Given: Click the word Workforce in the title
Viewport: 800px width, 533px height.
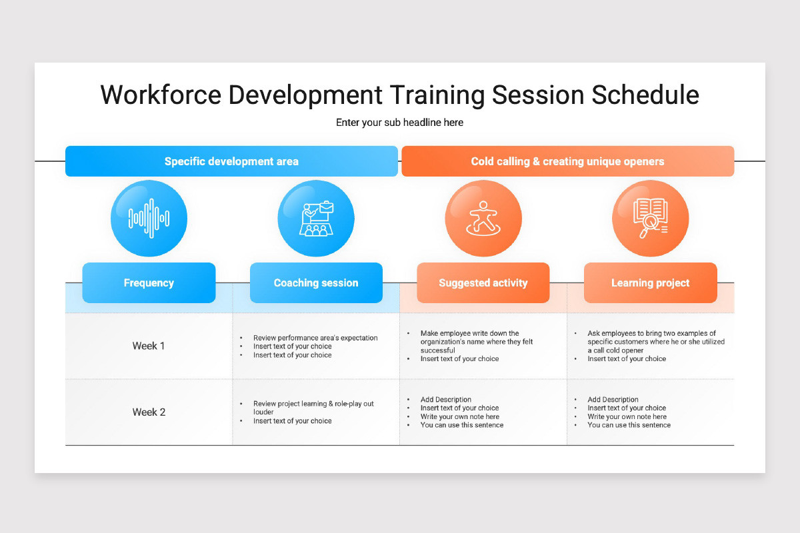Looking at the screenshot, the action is pos(161,95).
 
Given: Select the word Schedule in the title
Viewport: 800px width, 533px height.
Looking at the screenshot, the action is pos(645,95).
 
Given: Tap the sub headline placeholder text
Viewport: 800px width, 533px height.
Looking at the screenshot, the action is pos(399,123).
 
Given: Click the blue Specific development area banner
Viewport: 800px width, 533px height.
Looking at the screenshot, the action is pos(231,161).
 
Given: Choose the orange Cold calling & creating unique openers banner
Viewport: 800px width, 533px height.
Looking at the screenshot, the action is pos(568,161).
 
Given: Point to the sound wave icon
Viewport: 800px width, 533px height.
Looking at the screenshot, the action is pos(149,218).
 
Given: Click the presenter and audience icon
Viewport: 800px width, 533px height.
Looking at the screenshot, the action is pos(316,219).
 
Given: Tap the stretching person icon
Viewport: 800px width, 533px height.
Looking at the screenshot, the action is pos(483,218).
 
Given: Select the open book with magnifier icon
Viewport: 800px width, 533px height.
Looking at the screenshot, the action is pos(651,218).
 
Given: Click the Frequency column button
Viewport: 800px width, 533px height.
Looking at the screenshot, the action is pos(149,282).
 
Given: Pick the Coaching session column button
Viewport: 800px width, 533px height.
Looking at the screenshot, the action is pos(316,282).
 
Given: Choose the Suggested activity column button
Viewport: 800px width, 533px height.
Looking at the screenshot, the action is pos(483,282).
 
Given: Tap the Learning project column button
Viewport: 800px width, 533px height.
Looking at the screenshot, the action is pos(651,282).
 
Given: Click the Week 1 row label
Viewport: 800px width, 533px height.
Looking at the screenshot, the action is pos(149,346).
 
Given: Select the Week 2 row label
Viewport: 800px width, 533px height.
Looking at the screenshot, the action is pos(149,412).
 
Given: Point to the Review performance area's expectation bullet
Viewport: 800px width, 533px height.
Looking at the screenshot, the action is pos(315,338).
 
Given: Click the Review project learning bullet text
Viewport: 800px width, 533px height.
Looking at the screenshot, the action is pos(313,408).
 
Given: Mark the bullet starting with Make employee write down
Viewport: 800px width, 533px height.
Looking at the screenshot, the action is pos(477,342).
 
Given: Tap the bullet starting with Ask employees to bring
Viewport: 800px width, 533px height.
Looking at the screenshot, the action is pos(656,342).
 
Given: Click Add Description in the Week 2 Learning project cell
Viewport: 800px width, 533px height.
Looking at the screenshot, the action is pos(613,400).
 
